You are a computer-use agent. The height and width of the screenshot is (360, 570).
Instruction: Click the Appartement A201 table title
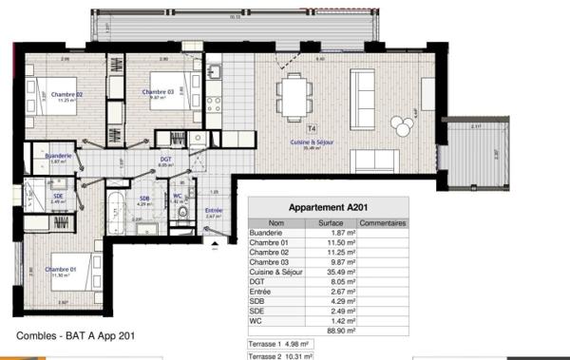click(x=328, y=208)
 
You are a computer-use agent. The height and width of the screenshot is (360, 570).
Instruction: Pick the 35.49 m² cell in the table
click(x=340, y=270)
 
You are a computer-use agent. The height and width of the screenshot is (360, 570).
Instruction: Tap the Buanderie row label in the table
click(x=267, y=233)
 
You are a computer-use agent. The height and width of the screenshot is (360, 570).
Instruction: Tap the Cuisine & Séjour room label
click(x=310, y=142)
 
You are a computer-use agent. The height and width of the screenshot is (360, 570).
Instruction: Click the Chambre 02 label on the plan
click(x=67, y=93)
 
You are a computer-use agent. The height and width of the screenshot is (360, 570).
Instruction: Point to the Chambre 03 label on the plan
click(x=158, y=92)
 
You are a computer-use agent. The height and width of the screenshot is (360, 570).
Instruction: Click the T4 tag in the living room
click(x=311, y=126)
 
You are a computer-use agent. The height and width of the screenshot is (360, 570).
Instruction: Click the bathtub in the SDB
click(x=118, y=200)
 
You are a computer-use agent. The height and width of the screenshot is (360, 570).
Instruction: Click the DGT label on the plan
click(x=165, y=160)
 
